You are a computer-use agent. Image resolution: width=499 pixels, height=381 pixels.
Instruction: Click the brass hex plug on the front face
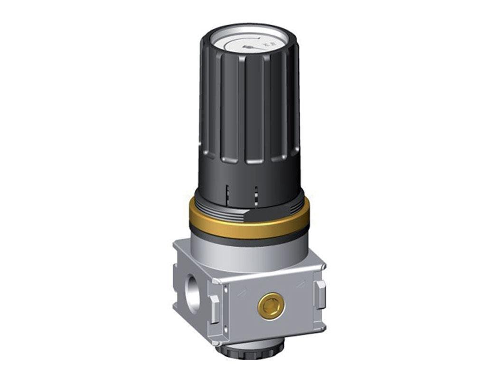coord(271,307)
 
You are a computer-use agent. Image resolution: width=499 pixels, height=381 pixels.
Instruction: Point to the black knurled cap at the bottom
coord(250,349)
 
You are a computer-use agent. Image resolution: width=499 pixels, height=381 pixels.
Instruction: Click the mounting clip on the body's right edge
coord(321,294)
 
